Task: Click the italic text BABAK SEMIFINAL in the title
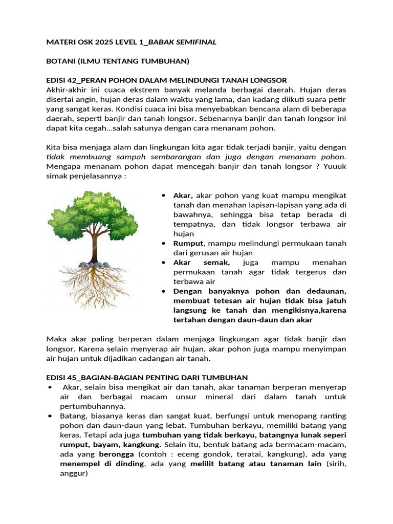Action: pos(182,42)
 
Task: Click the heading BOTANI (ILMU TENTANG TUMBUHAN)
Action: pos(118,61)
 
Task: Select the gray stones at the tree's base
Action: pos(95,265)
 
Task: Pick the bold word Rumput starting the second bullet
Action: pos(188,243)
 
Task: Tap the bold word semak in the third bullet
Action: pos(223,262)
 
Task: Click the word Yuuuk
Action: pos(334,167)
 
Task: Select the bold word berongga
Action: pos(116,454)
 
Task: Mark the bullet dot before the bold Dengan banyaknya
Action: pos(163,291)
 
